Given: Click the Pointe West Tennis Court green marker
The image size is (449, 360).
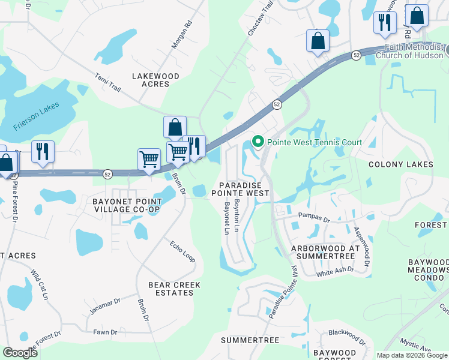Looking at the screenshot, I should [258, 142].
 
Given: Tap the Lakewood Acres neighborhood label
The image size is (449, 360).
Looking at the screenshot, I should [155, 80].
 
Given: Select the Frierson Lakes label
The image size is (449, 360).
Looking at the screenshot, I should [35, 119].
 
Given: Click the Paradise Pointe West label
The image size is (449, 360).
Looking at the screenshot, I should [240, 189].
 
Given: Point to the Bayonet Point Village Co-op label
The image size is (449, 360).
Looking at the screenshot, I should [126, 205].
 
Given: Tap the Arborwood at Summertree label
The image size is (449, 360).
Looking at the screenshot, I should [325, 252].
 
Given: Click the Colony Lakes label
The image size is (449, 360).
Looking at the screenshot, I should [400, 164].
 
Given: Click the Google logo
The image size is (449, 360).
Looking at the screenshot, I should [20, 353].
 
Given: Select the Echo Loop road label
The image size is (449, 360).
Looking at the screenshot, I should [182, 251].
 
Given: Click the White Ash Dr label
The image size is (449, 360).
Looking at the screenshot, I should [335, 271].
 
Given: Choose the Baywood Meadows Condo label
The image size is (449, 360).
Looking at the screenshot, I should [428, 270].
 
